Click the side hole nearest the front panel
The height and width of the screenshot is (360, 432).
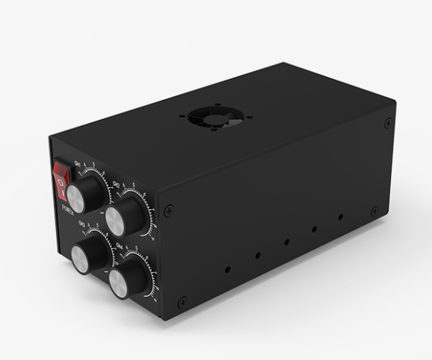[228, 268]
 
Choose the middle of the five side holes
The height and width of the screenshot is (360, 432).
[287, 242]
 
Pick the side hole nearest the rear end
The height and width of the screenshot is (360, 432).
[340, 218]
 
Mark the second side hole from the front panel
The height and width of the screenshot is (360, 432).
[258, 255]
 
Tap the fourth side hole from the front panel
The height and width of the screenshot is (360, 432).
[314, 230]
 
